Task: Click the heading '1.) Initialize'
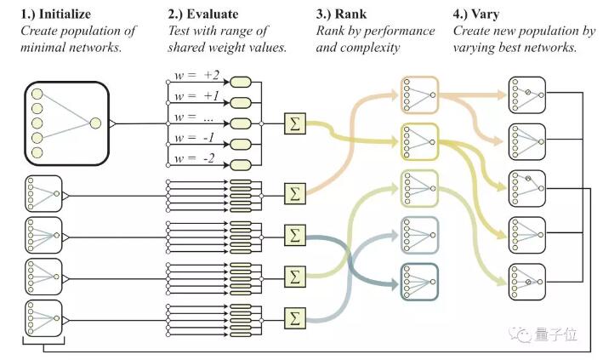(56, 14)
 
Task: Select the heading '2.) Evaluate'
(202, 14)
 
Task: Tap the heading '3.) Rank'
(341, 14)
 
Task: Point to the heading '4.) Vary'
(475, 14)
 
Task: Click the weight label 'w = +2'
(196, 75)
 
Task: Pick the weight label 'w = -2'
(194, 158)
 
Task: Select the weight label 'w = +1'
(196, 96)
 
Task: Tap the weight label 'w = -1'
(194, 138)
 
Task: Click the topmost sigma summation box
(295, 123)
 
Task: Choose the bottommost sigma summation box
(295, 318)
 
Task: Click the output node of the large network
(95, 123)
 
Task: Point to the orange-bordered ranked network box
(419, 94)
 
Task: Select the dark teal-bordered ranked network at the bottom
(419, 282)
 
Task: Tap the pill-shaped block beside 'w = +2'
(241, 82)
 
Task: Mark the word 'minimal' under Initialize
(43, 48)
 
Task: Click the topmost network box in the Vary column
(526, 95)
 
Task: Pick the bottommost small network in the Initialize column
(43, 318)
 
